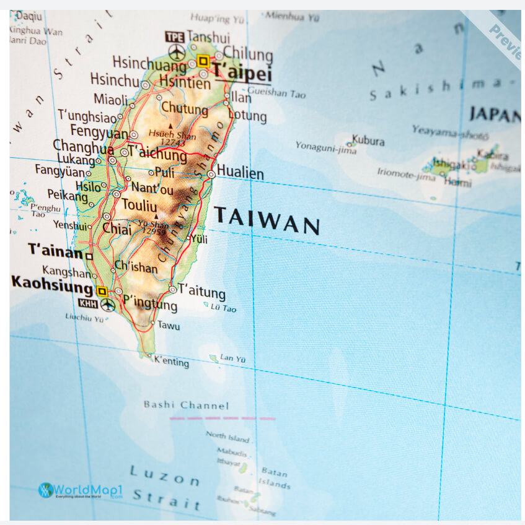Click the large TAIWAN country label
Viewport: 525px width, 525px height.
click(267, 220)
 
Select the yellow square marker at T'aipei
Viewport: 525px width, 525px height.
click(203, 61)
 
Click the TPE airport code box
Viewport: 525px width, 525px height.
click(175, 37)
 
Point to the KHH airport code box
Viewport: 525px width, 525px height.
click(87, 303)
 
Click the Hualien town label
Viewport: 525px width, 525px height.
click(240, 173)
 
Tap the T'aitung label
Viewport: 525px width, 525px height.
click(201, 290)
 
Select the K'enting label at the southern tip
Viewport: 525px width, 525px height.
click(171, 362)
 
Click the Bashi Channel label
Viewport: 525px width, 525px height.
click(186, 406)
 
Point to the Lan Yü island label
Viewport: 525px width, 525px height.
click(233, 358)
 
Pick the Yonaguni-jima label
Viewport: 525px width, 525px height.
click(326, 147)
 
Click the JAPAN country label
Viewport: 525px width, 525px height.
click(495, 115)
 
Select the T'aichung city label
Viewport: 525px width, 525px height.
click(157, 155)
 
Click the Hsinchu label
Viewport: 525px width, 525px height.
click(115, 80)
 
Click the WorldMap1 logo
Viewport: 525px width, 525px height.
click(81, 491)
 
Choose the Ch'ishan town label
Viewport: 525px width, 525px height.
click(136, 267)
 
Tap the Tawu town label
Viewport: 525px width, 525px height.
click(168, 325)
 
